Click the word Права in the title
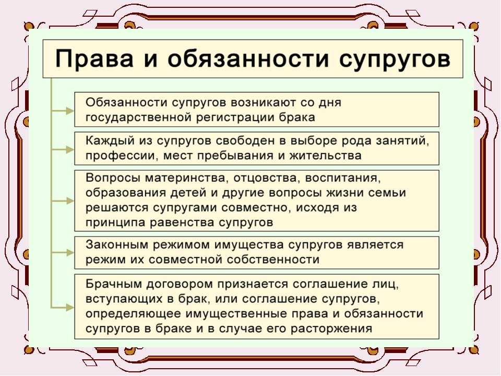94,59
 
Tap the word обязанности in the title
247,59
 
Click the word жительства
325,156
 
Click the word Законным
116,244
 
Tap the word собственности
273,260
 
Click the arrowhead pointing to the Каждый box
70,149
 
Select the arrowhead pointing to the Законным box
70,253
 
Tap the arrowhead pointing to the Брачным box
70,308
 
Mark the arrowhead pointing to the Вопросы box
70,201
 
